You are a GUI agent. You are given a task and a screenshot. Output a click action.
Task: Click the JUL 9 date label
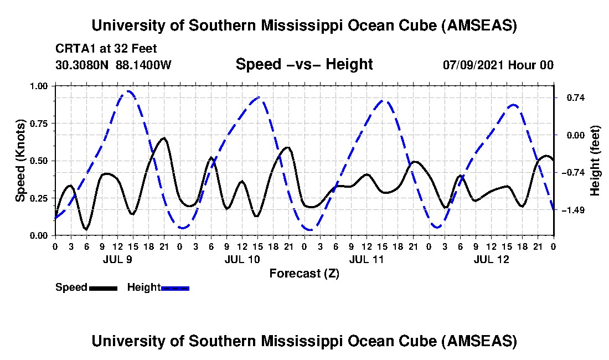tap(117, 259)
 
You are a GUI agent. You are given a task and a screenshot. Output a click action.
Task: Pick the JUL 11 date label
tap(367, 259)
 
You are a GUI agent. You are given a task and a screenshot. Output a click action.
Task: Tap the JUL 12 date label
tap(491, 259)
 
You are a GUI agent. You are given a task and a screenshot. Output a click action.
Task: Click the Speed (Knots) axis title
tap(20, 160)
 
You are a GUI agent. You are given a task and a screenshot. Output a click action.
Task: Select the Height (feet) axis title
tap(596, 161)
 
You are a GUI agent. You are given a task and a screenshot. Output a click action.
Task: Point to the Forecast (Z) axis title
tap(304, 273)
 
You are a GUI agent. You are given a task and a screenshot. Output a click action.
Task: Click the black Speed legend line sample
tap(102, 288)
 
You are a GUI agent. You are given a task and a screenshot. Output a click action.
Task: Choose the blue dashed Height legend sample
tap(175, 288)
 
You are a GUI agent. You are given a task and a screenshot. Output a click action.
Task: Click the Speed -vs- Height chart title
tap(304, 64)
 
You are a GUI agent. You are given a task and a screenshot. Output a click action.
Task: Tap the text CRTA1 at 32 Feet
tap(106, 49)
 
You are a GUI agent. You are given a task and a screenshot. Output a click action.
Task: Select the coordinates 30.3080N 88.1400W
tap(113, 65)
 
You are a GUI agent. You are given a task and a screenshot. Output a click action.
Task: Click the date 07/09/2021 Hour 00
tap(498, 65)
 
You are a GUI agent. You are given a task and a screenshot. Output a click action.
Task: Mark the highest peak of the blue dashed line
tap(129, 91)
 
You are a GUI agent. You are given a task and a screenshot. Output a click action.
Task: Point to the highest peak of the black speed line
tap(164, 138)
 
